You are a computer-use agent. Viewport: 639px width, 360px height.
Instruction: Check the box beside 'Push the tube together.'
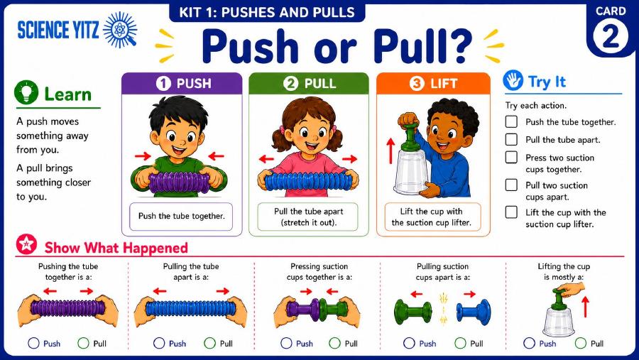pyautogui.click(x=511, y=121)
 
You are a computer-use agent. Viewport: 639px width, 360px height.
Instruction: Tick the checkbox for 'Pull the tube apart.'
pyautogui.click(x=511, y=139)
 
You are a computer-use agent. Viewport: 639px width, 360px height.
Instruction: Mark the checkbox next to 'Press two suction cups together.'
pyautogui.click(x=511, y=158)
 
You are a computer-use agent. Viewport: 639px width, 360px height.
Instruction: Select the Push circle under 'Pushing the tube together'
pyautogui.click(x=33, y=343)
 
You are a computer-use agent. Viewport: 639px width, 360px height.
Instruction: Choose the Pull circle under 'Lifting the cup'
pyautogui.click(x=581, y=343)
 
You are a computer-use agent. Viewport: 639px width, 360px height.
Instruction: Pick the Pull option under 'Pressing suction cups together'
pyautogui.click(x=334, y=343)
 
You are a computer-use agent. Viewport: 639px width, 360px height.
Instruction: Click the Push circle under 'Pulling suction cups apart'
pyautogui.click(x=409, y=343)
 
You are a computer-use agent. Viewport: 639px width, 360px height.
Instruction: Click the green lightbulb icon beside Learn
pyautogui.click(x=26, y=92)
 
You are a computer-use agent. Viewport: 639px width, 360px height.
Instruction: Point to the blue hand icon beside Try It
pyautogui.click(x=513, y=80)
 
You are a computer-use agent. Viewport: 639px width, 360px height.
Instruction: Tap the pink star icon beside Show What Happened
pyautogui.click(x=26, y=244)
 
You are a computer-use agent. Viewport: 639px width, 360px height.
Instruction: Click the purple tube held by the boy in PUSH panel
pyautogui.click(x=180, y=182)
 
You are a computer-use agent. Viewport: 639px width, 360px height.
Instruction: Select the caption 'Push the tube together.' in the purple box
pyautogui.click(x=181, y=216)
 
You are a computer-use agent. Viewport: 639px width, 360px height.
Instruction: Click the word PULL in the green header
pyautogui.click(x=320, y=84)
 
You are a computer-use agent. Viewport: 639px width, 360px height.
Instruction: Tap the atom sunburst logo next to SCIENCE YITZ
pyautogui.click(x=120, y=30)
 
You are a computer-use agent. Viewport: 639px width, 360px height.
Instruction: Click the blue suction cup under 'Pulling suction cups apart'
pyautogui.click(x=474, y=312)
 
